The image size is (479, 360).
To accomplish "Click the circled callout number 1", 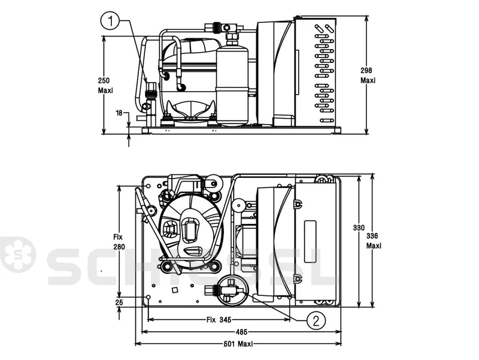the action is pos(111,22).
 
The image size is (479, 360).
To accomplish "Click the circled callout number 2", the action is pos(316,321).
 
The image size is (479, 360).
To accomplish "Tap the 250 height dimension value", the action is pos(104,81).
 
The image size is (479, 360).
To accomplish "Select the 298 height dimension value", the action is pos(366,70).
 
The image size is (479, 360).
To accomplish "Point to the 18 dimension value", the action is pos(119,113).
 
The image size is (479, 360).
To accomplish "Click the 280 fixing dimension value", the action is pos(119,247).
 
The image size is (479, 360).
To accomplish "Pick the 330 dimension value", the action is pos(359,228).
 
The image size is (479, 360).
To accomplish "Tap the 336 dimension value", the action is pos(372,236).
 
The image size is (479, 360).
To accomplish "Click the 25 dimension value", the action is pos(119,302).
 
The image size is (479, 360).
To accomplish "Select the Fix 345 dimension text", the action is pos(219,320).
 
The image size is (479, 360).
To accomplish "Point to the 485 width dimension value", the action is pos(241,332).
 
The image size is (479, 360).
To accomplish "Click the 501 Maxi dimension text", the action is pos(239,344).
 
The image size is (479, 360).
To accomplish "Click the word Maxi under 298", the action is pos(368,80).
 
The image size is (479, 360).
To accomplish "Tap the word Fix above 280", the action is pos(117,237).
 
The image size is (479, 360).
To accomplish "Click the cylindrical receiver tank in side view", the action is pos(232,86).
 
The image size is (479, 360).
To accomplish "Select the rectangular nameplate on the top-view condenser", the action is pos(310,241).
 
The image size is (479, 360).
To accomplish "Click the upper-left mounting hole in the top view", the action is pos(148,186).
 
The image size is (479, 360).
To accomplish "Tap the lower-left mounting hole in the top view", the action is pos(148,297).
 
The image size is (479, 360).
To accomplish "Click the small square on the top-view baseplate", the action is pos(175,290).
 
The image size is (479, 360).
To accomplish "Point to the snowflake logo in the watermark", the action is pos(18,255).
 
